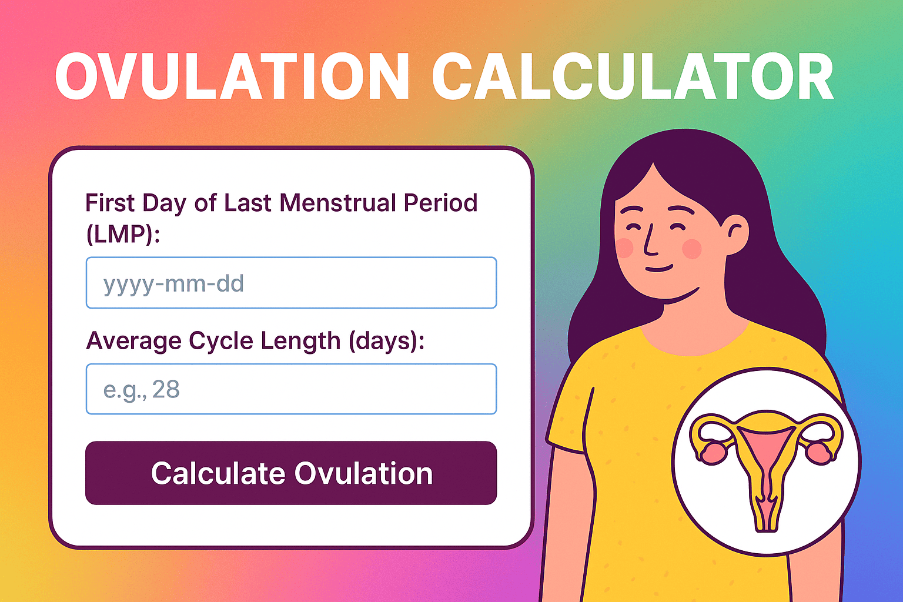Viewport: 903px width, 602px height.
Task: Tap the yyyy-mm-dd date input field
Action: click(x=291, y=283)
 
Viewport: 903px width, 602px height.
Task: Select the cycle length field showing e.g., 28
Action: click(x=291, y=389)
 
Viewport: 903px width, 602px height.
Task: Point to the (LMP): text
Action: click(x=123, y=234)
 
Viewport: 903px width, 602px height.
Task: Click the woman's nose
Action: click(x=649, y=241)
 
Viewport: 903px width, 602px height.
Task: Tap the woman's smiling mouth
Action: click(x=658, y=269)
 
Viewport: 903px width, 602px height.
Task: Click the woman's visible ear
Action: click(x=735, y=232)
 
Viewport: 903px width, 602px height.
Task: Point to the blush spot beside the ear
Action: click(x=693, y=249)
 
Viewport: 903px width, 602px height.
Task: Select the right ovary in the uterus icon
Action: click(x=818, y=451)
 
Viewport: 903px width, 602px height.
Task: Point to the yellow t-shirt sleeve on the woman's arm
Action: click(x=573, y=412)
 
